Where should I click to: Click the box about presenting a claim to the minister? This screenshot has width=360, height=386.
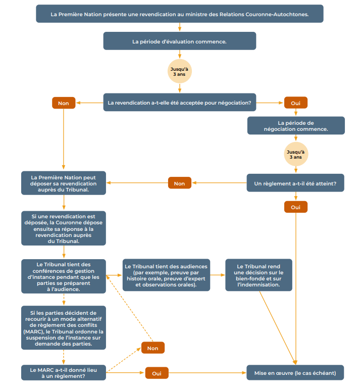(179, 14)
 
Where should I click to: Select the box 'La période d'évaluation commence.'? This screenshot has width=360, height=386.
(179, 41)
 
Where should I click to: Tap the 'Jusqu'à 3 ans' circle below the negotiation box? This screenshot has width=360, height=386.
(296, 155)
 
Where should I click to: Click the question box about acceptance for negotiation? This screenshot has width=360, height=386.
(179, 103)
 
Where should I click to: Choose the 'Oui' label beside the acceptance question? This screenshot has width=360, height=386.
(295, 103)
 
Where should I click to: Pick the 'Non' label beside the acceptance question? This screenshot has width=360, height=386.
(64, 103)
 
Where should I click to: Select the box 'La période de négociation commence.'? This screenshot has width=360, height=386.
(296, 126)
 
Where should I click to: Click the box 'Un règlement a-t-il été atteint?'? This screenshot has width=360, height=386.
(295, 183)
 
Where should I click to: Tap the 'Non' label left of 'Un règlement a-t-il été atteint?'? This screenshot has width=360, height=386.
(179, 183)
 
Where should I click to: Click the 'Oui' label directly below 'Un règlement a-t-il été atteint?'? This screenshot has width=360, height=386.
(295, 207)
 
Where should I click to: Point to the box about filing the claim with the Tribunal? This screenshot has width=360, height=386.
(64, 183)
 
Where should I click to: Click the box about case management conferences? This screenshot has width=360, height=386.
(64, 276)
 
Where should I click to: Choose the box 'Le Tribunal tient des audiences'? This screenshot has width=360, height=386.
(167, 275)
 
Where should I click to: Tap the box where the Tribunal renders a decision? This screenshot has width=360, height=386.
(259, 275)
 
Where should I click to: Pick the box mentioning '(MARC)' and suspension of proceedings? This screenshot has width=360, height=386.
(64, 327)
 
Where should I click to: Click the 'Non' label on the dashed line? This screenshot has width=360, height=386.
(153, 348)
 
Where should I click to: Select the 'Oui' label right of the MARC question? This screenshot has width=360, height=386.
(157, 373)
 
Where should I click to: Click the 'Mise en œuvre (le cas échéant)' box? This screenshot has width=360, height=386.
(295, 373)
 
